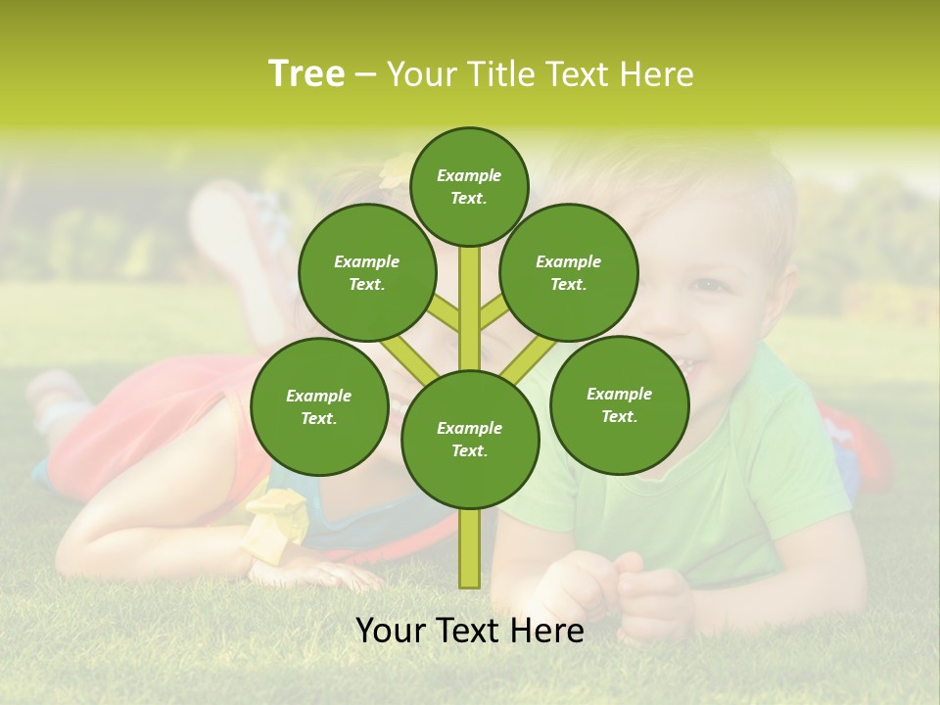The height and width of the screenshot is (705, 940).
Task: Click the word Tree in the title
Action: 306,73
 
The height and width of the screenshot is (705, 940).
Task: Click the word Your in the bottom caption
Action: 390,631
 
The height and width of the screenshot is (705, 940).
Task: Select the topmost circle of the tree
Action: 469,186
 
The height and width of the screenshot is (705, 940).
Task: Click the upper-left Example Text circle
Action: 367,272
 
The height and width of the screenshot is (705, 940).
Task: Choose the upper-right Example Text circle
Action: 569,272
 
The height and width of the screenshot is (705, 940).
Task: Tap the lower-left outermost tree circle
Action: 319,406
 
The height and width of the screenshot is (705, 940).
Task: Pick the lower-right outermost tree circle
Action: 619,404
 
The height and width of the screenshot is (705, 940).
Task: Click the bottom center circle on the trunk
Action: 470,439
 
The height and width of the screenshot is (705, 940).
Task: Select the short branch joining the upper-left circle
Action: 445,314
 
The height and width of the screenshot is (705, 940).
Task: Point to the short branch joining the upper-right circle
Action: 494,312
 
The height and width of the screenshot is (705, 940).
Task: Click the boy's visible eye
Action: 708,286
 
